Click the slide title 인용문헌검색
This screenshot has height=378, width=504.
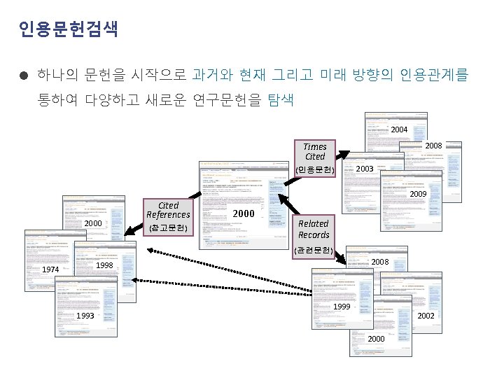pos(68,29)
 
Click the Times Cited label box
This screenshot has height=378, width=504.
pos(315,152)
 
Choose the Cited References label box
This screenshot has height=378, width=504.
pos(168,210)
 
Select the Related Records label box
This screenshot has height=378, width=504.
pos(314,229)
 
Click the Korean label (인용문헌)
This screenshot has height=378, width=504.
pos(315,170)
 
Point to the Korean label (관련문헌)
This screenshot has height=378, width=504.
pos(313,250)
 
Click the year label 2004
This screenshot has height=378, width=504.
pos(399,129)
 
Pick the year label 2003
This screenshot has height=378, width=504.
pos(365,169)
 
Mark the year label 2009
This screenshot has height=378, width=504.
pos(418,193)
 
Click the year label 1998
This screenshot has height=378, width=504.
pos(104,266)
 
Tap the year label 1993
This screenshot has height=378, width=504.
pos(85,316)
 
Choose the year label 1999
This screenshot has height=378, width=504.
pos(361,307)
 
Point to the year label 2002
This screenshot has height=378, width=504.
pos(426,316)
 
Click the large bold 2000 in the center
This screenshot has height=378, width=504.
pos(244,213)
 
